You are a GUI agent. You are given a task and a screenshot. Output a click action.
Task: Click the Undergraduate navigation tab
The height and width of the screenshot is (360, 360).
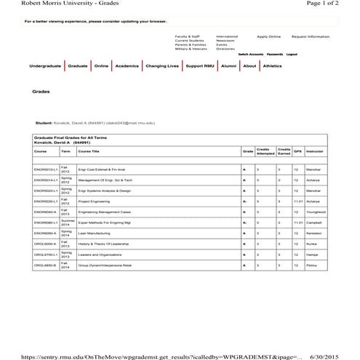pos(45,66)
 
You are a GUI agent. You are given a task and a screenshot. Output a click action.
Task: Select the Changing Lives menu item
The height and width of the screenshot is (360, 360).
pos(161,66)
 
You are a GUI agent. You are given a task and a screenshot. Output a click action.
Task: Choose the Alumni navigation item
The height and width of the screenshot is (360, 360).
pos(229,66)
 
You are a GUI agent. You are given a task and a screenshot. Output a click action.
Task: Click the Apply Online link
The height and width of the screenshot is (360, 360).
pos(268,36)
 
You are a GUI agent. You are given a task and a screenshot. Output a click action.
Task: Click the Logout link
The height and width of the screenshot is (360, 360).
pos(292,54)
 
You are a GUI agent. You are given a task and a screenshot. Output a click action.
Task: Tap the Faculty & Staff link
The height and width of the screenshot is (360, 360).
pos(186,36)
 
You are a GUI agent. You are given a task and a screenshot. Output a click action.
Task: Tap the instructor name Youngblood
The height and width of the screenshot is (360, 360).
pos(316,212)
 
